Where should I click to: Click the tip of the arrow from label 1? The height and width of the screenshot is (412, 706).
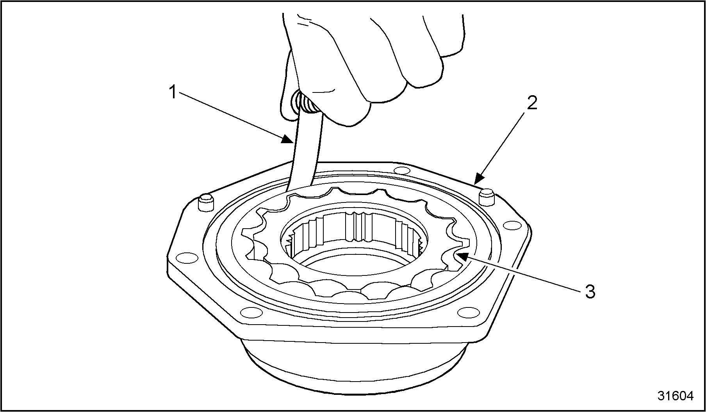tap(294, 143)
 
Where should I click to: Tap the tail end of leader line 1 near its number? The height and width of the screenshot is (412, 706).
tap(181, 92)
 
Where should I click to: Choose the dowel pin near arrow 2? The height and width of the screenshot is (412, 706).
tap(486, 197)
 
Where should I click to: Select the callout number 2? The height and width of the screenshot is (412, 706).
tap(532, 103)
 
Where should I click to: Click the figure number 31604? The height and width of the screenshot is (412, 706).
tap(675, 396)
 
